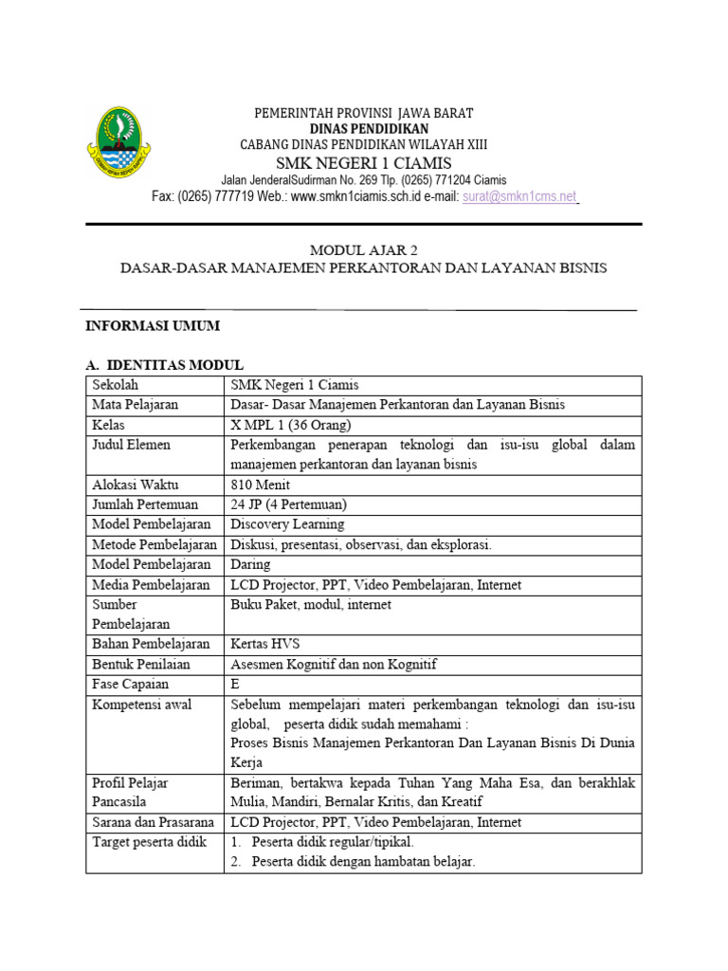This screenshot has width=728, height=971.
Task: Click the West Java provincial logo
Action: click(119, 142)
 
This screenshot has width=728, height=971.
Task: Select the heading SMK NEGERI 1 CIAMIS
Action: click(363, 163)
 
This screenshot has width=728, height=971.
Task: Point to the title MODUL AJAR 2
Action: click(363, 250)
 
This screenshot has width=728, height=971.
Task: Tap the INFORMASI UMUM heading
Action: click(153, 325)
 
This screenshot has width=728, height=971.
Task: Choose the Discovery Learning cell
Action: click(287, 523)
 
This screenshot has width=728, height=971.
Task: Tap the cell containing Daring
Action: click(250, 564)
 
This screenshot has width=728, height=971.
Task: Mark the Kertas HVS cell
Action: click(265, 645)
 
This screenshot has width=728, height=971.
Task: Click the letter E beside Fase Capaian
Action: click(235, 685)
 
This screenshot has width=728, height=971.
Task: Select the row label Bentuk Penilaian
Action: click(142, 665)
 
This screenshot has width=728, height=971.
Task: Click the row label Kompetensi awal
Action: click(141, 705)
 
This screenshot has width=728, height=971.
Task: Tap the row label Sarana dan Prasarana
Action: click(155, 822)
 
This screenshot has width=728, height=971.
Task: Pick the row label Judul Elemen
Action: click(131, 444)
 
